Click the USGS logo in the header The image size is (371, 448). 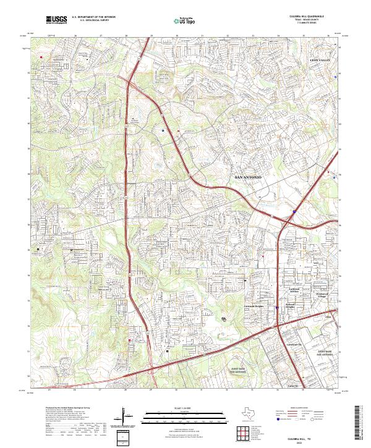tap(56, 20)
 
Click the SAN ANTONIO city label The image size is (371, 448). tap(249, 177)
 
